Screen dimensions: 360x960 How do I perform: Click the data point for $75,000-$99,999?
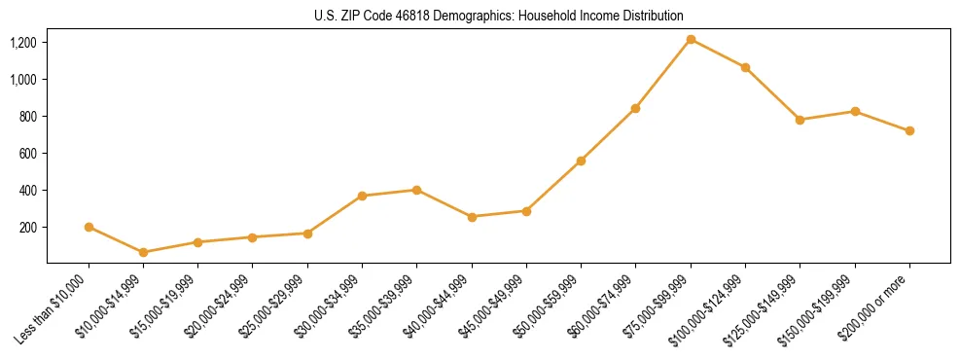pos(691,39)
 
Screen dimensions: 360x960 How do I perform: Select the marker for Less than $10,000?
pos(89,227)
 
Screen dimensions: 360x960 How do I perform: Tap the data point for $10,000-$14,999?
pos(144,252)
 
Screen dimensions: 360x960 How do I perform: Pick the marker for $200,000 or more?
pos(909,130)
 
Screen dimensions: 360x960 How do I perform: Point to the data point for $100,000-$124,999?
pos(745,67)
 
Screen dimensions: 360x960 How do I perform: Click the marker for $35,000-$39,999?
pos(417,190)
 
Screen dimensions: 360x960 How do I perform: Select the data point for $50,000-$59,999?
pos(581,161)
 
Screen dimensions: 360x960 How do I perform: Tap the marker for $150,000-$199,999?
pos(855,111)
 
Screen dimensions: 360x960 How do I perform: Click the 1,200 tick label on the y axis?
pos(23,43)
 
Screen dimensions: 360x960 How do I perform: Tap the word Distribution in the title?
pos(654,16)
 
